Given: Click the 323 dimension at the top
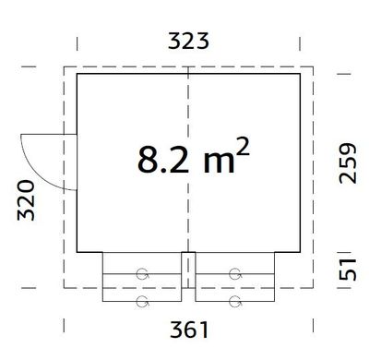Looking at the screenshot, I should coord(190,40).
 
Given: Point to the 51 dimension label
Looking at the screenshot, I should coord(346,270).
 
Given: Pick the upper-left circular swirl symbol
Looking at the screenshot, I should coord(143,273).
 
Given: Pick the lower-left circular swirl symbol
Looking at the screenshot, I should coord(143,301).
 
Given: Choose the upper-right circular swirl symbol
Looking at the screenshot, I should coord(235,273).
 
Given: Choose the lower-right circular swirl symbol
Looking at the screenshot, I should coord(235,301).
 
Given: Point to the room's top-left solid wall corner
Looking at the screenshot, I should coord(77,74).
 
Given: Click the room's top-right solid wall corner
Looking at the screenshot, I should coord(301,74).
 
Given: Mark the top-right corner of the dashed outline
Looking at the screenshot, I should coord(315,66).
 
